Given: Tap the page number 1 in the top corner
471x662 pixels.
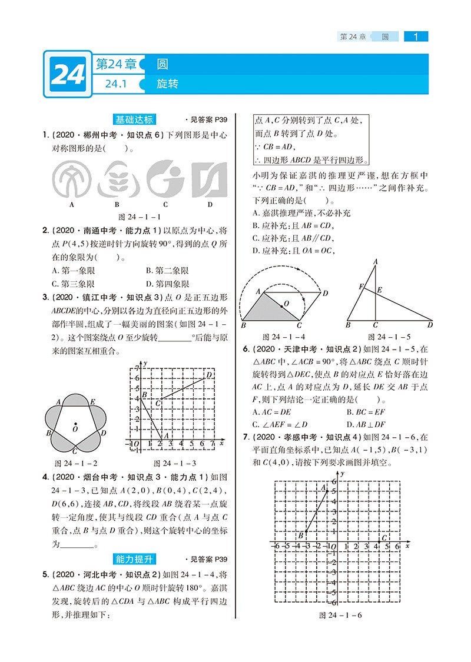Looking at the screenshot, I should coord(416,36).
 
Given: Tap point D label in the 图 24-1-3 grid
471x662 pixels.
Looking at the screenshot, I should coord(209,375).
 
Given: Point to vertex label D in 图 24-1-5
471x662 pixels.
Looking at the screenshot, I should coord(430,324).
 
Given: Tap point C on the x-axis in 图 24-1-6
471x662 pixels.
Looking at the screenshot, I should coord(384,538).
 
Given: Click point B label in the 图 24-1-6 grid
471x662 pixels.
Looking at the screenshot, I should coord(300,534).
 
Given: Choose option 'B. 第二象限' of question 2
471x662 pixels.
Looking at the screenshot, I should coord(167,270).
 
